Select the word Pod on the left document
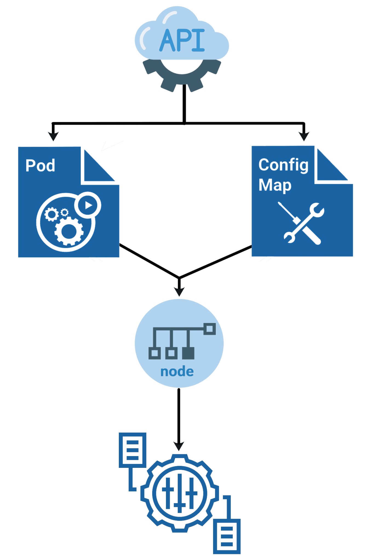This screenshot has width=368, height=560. (x=40, y=165)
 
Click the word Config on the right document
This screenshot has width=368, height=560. (x=283, y=165)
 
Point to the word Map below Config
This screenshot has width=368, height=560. (x=275, y=185)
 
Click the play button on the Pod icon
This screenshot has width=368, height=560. (x=88, y=205)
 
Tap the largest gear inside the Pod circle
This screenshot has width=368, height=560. (x=69, y=231)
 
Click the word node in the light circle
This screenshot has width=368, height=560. (x=177, y=372)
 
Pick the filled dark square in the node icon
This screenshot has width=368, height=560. (x=188, y=353)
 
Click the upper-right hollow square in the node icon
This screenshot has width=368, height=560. (x=209, y=329)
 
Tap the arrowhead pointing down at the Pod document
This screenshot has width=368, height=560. (x=53, y=136)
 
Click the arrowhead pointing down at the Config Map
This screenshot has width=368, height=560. (x=304, y=136)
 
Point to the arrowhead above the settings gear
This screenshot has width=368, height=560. (x=179, y=446)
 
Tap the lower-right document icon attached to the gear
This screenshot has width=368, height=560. (x=227, y=536)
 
